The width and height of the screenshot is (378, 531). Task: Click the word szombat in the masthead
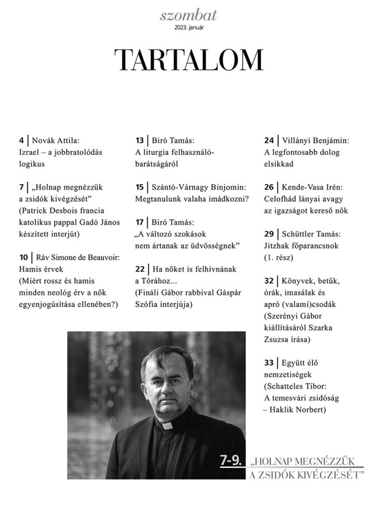189,17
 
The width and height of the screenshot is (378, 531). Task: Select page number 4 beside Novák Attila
21,141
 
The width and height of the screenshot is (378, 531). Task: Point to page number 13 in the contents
139,141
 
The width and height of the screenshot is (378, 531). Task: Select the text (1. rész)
279,257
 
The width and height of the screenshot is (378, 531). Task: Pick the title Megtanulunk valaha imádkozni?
191,198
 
